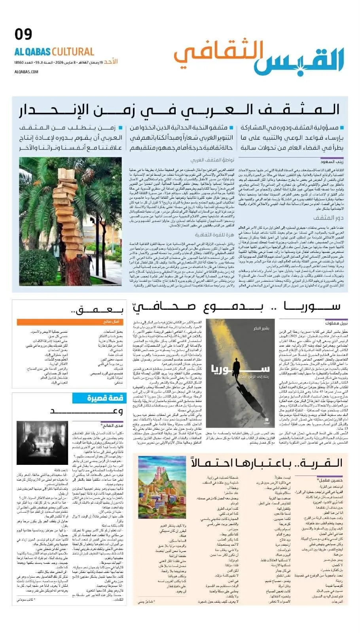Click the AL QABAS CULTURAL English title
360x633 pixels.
54,52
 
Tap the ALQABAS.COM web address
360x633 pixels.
26,72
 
